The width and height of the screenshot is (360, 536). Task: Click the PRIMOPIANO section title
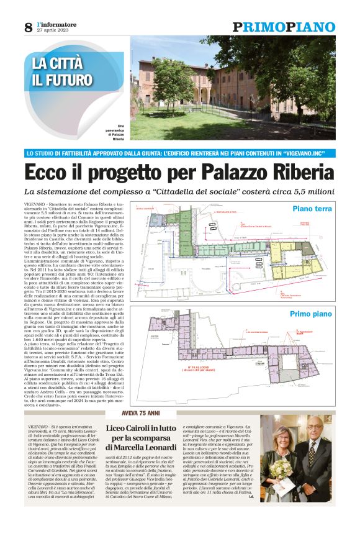284,27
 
